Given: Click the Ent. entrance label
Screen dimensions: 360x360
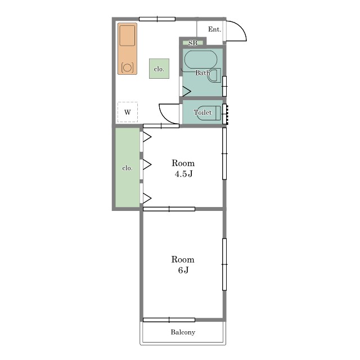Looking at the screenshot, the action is [x=214, y=29].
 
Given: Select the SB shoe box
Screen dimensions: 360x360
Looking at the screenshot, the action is [x=193, y=43].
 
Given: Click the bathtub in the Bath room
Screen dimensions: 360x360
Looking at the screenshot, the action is [x=201, y=60].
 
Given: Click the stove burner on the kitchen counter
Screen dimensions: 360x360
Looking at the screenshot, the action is [x=127, y=67].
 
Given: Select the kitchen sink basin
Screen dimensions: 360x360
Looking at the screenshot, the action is [x=127, y=35].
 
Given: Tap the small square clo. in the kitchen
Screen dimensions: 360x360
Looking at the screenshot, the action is [x=159, y=69].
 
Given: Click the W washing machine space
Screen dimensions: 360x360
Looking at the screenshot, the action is [x=128, y=112].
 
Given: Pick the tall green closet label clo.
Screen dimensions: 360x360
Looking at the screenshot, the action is [x=128, y=168].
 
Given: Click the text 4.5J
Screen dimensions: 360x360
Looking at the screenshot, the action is [x=183, y=174].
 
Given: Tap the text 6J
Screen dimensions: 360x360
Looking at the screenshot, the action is [x=183, y=270].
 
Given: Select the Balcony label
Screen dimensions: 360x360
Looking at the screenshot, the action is [x=183, y=332].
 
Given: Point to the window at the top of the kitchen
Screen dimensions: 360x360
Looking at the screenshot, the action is [x=157, y=19].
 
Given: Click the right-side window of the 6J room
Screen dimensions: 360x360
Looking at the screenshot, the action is [x=224, y=264].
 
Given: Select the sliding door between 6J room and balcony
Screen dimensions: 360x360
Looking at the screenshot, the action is [x=169, y=320].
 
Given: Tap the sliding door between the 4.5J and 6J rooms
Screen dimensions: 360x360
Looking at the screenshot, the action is [x=169, y=209].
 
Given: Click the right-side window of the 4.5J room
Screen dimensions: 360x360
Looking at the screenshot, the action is [x=224, y=154].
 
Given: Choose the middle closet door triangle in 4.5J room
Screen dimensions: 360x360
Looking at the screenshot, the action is [x=146, y=165].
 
